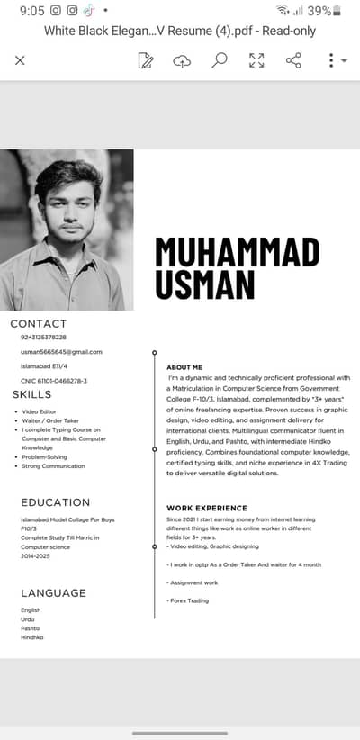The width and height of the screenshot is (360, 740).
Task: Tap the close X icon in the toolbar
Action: pyautogui.click(x=20, y=60)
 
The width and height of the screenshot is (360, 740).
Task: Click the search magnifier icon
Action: pyautogui.click(x=219, y=60)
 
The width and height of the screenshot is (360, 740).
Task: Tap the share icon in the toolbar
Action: pyautogui.click(x=293, y=60)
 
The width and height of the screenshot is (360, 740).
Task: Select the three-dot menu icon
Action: pyautogui.click(x=331, y=60)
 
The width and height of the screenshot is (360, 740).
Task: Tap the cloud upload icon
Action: pyautogui.click(x=182, y=60)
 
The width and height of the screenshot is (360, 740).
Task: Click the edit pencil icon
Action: pyautogui.click(x=145, y=60)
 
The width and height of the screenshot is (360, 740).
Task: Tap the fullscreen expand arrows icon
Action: pyautogui.click(x=256, y=60)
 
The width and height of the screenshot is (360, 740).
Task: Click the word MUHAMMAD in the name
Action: pyautogui.click(x=237, y=252)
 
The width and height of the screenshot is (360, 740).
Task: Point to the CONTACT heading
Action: pyautogui.click(x=38, y=323)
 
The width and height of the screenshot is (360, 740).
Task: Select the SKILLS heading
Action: pyautogui.click(x=31, y=394)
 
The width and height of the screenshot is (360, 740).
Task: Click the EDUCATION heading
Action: pyautogui.click(x=56, y=502)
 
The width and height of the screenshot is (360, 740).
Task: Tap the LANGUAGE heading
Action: pyautogui.click(x=53, y=593)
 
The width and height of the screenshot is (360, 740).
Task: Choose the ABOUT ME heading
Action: pyautogui.click(x=184, y=367)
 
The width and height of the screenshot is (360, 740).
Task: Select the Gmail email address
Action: pyautogui.click(x=61, y=352)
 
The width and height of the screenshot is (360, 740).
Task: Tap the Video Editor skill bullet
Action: pyautogui.click(x=40, y=411)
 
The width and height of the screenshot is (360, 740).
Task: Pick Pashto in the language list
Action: pyautogui.click(x=31, y=628)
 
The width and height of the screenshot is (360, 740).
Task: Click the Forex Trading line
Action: pyautogui.click(x=188, y=600)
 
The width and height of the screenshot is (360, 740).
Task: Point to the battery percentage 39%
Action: pyautogui.click(x=319, y=11)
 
